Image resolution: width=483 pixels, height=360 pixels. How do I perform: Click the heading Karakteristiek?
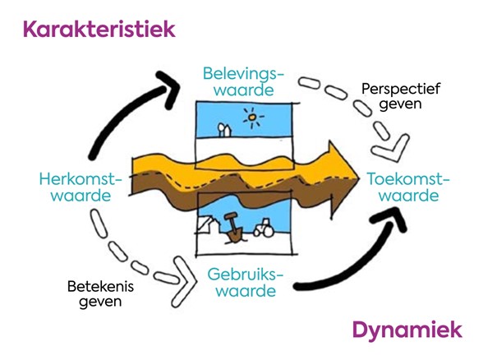(x=99, y=30)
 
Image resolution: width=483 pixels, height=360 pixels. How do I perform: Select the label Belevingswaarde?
(x=238, y=82)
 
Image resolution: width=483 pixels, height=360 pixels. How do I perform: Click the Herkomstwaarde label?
(x=80, y=187)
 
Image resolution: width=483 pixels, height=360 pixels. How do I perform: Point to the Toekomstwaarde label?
(x=402, y=187)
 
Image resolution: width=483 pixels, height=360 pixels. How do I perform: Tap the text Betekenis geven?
(x=99, y=294)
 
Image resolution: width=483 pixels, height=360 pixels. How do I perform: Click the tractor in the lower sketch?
(x=265, y=227)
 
